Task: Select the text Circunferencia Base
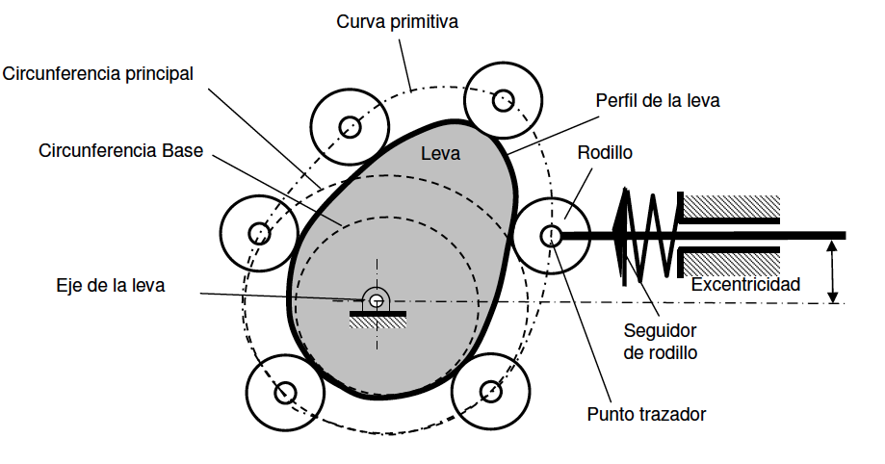[120, 151]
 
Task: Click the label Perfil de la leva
[658, 99]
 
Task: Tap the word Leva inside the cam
[441, 153]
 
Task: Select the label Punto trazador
[646, 415]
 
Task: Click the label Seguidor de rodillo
[660, 343]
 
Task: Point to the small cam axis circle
[376, 299]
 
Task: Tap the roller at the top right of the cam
[502, 99]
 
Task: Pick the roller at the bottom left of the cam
[284, 393]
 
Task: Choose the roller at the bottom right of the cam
[491, 390]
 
